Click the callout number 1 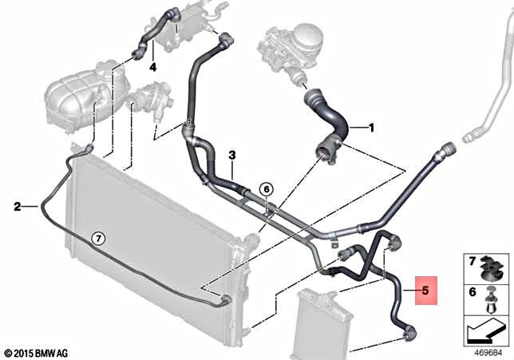click(370, 127)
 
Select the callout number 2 click(17, 207)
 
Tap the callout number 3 click(231, 155)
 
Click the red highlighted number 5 click(425, 291)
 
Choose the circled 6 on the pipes click(267, 189)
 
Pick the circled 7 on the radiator click(97, 238)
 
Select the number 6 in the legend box click(471, 293)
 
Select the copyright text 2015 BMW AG click(39, 352)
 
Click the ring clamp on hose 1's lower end click(329, 150)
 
